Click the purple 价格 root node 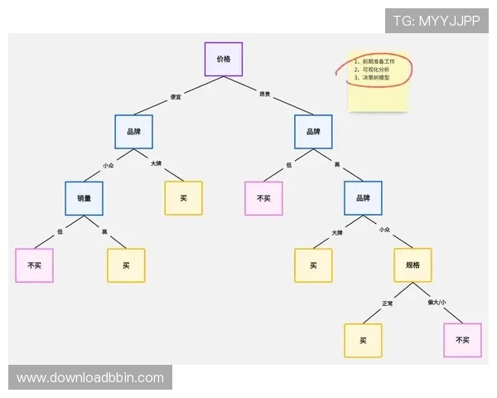point(223,60)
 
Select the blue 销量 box point(84,198)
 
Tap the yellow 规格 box point(413,265)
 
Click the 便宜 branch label point(176,97)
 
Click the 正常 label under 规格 point(388,303)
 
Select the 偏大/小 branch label point(437,303)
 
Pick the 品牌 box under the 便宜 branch point(133,132)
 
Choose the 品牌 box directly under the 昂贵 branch point(313,132)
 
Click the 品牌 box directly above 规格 point(363,198)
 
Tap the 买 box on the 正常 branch point(363,340)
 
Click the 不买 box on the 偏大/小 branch point(462,340)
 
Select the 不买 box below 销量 point(34,265)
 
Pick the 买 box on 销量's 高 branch point(126,265)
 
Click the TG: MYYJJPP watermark point(437,21)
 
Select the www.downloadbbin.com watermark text point(89,378)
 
